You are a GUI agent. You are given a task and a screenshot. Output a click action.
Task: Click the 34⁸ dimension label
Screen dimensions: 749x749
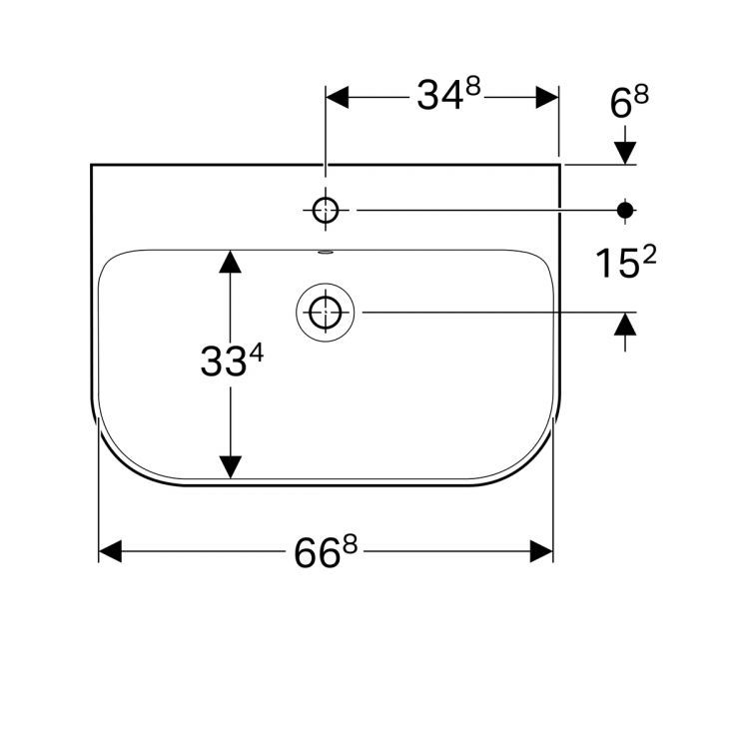[x=448, y=94]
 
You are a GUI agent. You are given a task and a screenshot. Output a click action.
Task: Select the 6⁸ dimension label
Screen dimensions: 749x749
[x=629, y=103]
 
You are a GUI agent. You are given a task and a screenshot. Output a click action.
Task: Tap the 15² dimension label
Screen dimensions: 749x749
[x=626, y=263]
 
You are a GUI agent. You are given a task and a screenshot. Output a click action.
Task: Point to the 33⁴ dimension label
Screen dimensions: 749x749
[x=232, y=362]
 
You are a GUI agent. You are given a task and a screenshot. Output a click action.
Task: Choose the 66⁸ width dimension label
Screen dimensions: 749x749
[x=326, y=551]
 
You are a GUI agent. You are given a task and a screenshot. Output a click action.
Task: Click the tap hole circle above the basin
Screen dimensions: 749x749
[x=326, y=210]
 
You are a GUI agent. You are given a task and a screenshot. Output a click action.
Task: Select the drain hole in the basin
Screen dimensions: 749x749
[x=326, y=313]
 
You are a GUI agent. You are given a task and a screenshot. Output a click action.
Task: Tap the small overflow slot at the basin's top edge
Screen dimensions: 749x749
[x=327, y=252]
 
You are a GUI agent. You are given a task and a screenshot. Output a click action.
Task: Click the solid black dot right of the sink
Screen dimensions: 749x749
[x=625, y=210]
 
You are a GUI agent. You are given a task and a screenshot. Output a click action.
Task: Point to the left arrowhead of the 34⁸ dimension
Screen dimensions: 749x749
[x=338, y=98]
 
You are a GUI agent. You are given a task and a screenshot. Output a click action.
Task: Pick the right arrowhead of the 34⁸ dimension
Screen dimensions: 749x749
[x=547, y=98]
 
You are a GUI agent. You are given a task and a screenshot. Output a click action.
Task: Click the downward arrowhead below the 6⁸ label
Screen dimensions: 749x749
[x=625, y=153]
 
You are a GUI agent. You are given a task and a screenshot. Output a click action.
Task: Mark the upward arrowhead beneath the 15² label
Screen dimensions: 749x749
[x=625, y=324]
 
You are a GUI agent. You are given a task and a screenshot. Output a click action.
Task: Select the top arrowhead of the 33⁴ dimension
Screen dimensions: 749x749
[x=231, y=262]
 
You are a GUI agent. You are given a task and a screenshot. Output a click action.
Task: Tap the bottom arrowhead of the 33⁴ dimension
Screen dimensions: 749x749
[x=231, y=466]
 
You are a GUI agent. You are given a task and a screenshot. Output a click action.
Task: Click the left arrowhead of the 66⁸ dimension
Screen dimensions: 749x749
[x=110, y=551]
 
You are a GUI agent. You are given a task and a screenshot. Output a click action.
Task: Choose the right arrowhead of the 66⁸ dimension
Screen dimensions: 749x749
[x=541, y=551]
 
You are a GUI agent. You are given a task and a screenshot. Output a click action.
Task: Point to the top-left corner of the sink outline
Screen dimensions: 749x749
[x=91, y=165]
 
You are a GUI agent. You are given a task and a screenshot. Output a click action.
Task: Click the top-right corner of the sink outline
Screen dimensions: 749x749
[x=560, y=165]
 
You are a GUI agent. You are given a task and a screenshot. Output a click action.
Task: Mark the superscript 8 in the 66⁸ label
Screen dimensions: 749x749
[x=351, y=544]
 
